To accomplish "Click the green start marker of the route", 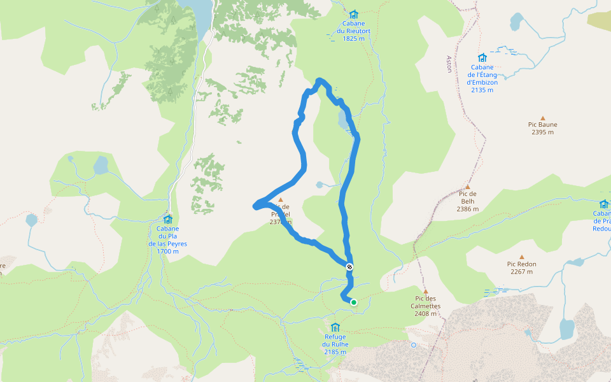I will pos(353,302).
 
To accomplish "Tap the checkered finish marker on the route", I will pos(349,267).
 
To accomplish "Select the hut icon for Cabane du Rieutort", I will pos(354,14).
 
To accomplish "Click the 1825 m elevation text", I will pos(354,38).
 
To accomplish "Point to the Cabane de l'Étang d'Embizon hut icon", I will pos(482,58).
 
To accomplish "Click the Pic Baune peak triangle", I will pos(543,118).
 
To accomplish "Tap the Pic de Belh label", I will pos(467,197).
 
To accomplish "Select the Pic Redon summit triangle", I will pos(522,257).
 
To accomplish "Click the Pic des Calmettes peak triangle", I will pos(426,291).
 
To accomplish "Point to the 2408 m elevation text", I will pos(426,313).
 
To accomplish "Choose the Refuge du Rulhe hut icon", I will pos(335,327).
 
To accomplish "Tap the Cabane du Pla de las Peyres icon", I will pos(168,219).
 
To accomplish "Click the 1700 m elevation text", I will pos(167,251).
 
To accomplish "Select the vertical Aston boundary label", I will pos(449,64).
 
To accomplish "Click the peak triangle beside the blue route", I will pos(280,199).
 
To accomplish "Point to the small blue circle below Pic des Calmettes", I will pos(414,345).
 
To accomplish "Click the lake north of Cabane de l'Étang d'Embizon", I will pos(516,22).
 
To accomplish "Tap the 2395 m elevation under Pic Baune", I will pos(542,132).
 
